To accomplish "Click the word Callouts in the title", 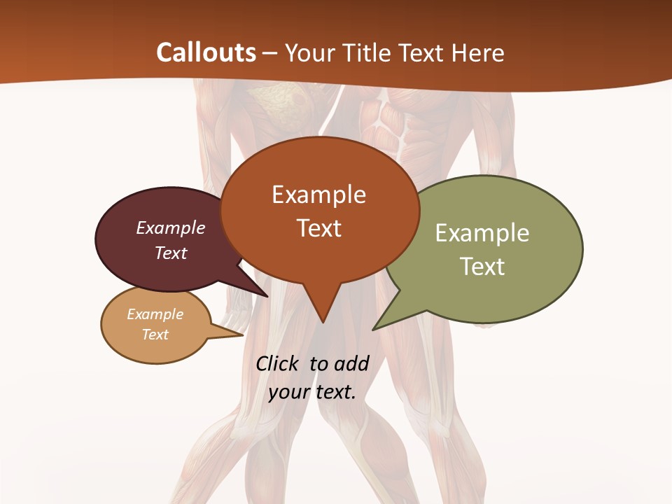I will [206, 52].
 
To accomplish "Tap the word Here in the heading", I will [478, 52].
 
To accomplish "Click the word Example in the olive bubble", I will [482, 233].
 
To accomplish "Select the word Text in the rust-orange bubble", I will [319, 228].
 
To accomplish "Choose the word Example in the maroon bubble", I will [171, 228].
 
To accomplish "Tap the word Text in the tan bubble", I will [155, 335].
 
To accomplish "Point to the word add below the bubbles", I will [351, 363].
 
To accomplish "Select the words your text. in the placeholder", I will [312, 392].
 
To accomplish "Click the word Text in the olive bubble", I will [482, 267].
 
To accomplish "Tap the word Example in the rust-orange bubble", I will [319, 195].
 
